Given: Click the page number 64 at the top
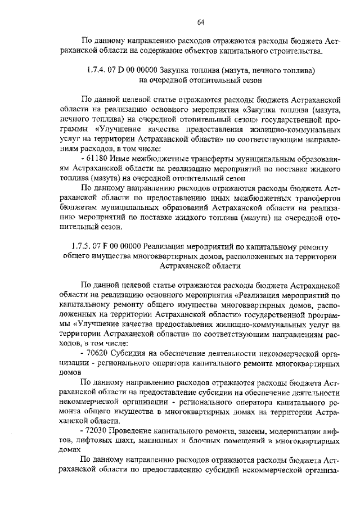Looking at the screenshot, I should click(x=200, y=22).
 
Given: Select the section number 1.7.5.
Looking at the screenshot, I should click(x=82, y=247).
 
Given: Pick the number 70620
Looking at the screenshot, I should click(x=98, y=353).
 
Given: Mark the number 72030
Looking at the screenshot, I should click(x=98, y=431).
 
